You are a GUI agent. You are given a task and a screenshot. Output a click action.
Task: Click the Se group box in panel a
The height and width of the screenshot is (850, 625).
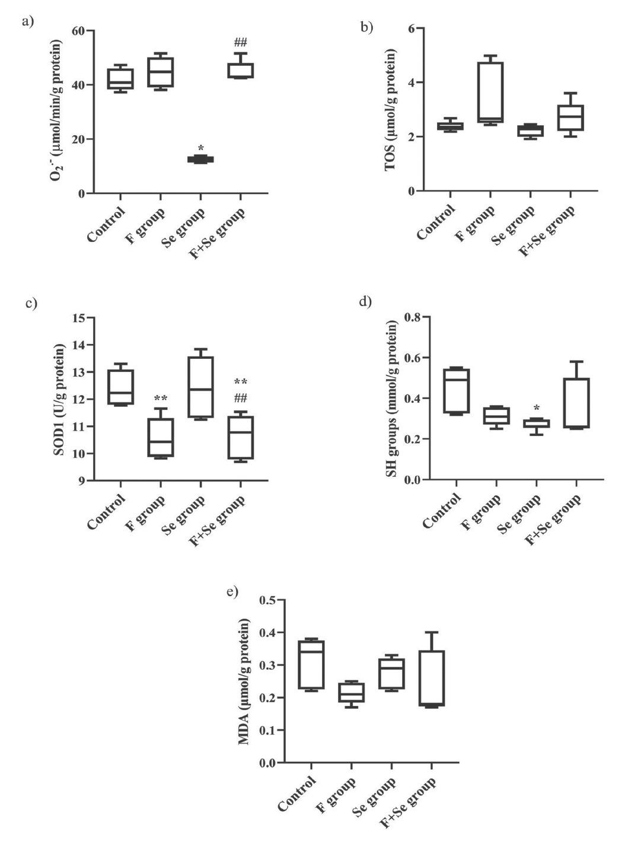pyautogui.click(x=200, y=159)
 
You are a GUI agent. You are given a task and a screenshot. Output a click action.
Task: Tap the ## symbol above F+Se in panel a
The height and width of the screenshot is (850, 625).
pyautogui.click(x=240, y=42)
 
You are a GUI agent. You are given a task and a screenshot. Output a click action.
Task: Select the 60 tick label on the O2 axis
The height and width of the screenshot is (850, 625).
pyautogui.click(x=77, y=30)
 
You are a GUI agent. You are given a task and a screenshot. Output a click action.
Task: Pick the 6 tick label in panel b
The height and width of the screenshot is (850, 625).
pyautogui.click(x=411, y=28)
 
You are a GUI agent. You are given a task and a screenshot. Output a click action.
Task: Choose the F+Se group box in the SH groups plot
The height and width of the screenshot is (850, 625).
pyautogui.click(x=576, y=403)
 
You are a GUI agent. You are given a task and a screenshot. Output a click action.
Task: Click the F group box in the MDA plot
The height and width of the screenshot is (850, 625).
pyautogui.click(x=351, y=692)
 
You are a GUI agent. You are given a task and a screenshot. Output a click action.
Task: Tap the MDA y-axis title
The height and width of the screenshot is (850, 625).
pyautogui.click(x=244, y=680)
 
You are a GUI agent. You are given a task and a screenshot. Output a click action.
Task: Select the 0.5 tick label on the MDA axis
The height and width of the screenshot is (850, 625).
pyautogui.click(x=267, y=600)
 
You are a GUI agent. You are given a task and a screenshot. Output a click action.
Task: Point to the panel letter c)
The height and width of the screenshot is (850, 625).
pyautogui.click(x=31, y=304)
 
